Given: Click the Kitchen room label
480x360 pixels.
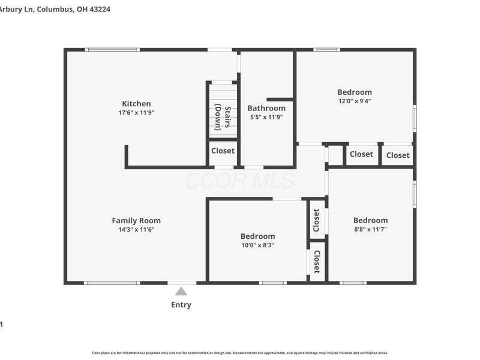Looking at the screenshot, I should [x=136, y=103].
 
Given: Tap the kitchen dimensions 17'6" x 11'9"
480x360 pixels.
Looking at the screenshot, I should [x=136, y=112].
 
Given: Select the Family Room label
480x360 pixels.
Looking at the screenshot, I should [x=136, y=220].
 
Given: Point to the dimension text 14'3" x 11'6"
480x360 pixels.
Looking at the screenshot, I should [x=136, y=229].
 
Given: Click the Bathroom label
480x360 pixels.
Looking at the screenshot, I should [x=266, y=108].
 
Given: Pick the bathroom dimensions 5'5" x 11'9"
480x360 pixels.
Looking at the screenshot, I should [x=266, y=117].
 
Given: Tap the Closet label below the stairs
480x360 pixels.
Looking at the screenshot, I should [x=223, y=151].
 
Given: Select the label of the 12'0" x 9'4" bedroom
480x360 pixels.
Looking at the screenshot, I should [x=354, y=92].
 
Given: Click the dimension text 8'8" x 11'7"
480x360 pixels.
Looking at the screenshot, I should [x=370, y=229].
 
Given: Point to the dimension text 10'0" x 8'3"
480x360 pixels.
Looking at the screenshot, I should [x=257, y=245].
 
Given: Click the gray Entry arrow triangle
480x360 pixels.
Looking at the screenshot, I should [x=181, y=292].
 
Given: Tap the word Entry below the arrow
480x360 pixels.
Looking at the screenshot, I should [x=181, y=305].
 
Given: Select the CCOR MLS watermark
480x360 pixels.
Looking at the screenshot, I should [x=239, y=181].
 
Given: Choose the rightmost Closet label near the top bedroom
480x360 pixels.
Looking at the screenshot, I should [x=398, y=155].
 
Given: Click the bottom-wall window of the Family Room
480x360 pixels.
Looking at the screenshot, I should [x=112, y=283].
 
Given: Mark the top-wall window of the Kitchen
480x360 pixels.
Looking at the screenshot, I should [x=112, y=49].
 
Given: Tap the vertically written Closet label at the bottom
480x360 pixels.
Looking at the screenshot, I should [x=317, y=262].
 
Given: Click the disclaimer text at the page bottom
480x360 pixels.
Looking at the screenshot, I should [x=239, y=353].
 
